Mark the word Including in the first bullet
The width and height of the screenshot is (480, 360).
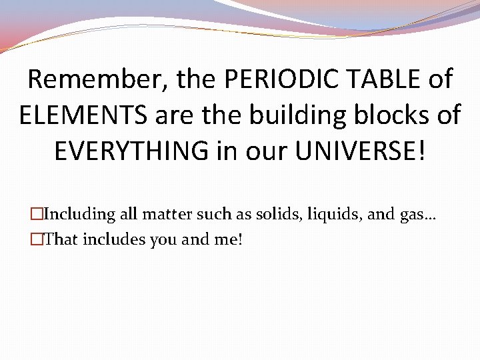click(79, 215)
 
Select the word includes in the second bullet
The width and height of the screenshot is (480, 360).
click(114, 239)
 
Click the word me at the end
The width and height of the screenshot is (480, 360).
click(227, 239)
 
